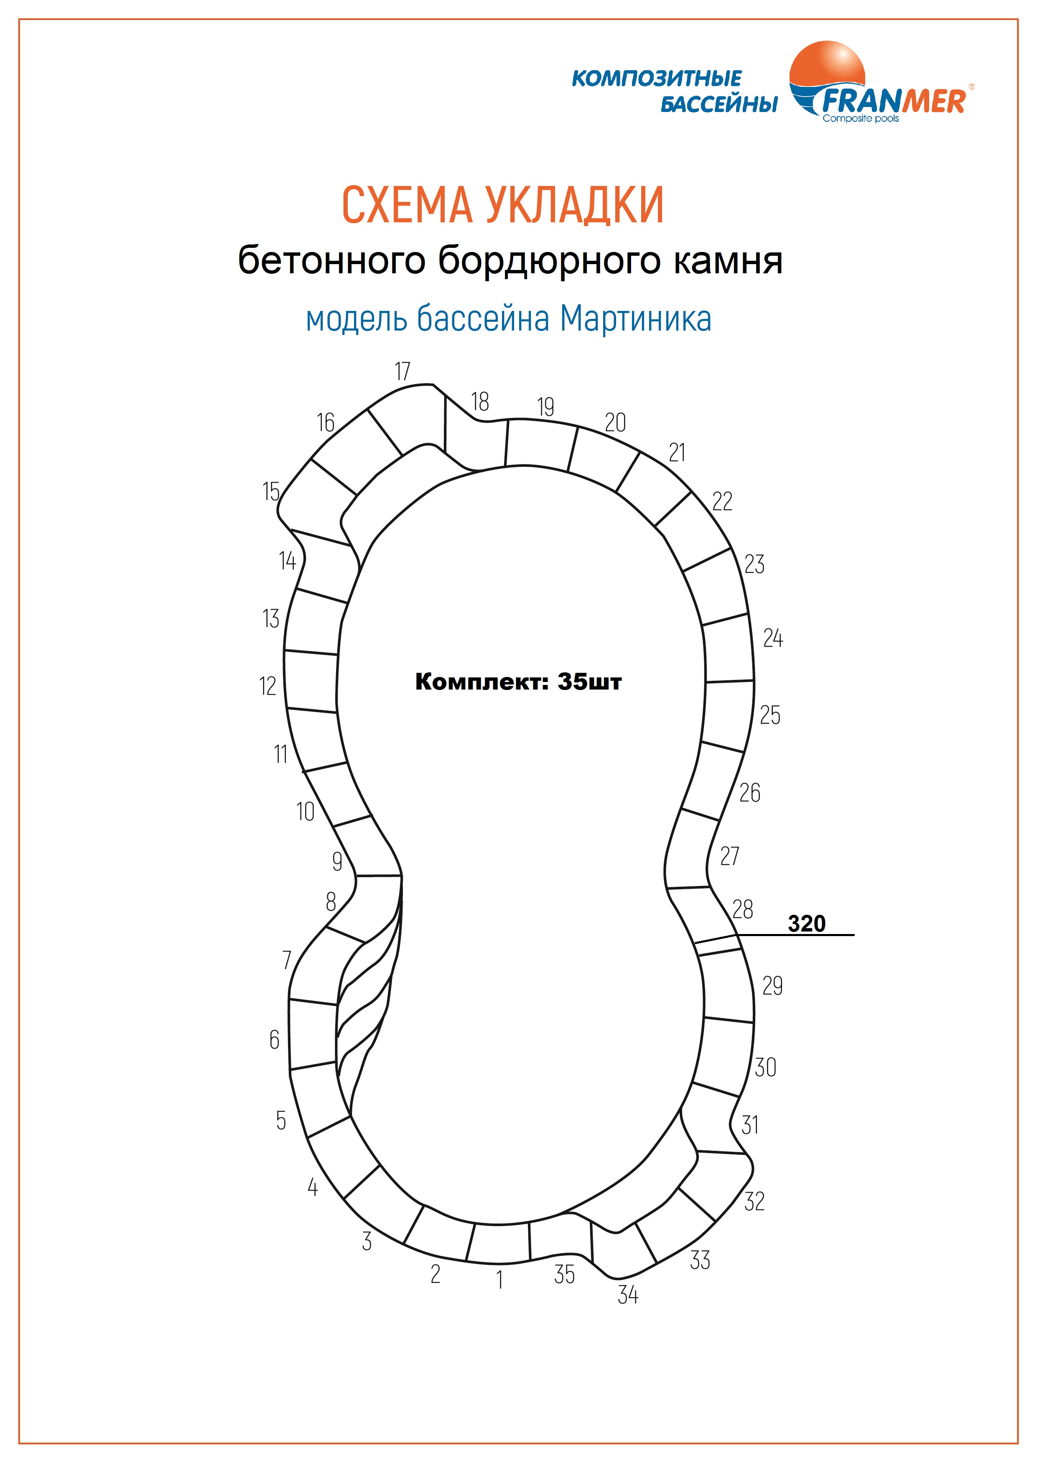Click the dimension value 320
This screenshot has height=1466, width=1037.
tap(806, 923)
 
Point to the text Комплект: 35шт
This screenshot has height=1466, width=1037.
tap(518, 682)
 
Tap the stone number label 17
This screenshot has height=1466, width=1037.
tap(402, 371)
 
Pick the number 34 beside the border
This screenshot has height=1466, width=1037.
tap(628, 1294)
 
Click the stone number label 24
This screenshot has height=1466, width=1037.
tap(773, 638)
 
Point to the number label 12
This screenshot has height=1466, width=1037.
tap(268, 686)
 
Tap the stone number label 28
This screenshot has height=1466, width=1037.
tap(743, 909)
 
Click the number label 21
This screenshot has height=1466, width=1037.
tap(677, 453)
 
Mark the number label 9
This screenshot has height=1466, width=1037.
tap(337, 861)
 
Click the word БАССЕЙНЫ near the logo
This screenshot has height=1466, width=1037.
tap(719, 104)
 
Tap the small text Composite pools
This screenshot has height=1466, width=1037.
tap(860, 118)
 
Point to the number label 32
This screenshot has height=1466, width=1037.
tap(754, 1201)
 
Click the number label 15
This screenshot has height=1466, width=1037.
tap(271, 491)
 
